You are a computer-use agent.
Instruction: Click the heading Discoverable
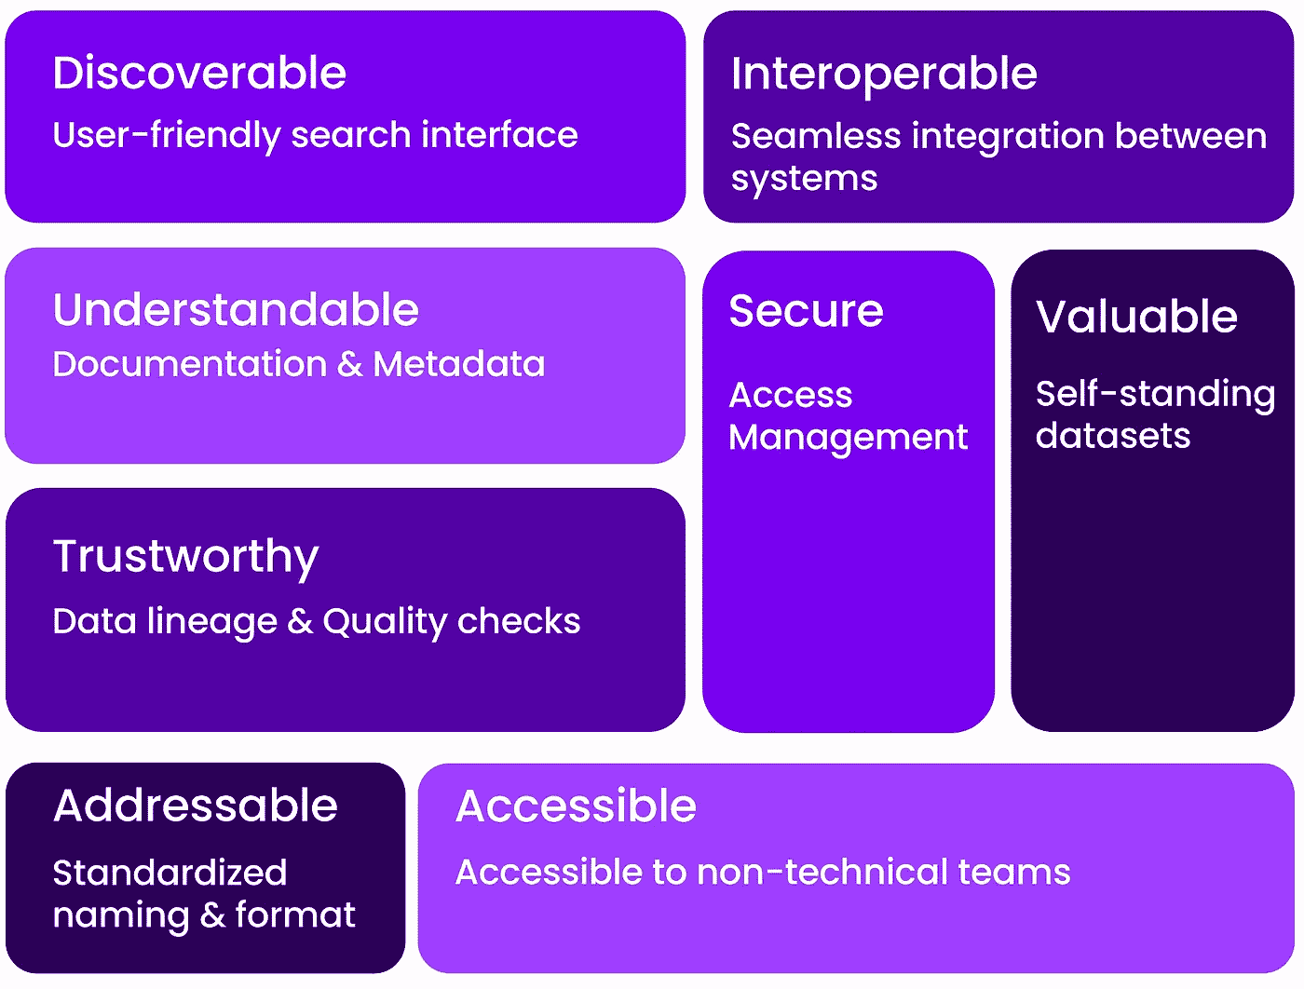199,73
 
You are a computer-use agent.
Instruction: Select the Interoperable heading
884,74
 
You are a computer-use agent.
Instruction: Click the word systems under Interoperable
804,179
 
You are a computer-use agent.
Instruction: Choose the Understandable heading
236,310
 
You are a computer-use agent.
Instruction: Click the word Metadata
459,364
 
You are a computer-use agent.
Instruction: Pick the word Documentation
190,364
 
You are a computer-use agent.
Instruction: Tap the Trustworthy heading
186,557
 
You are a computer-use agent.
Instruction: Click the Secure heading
806,311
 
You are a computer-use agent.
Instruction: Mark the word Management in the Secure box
848,438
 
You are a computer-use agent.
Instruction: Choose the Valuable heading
1136,317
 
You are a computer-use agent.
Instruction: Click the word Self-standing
1155,394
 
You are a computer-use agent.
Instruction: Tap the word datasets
1113,436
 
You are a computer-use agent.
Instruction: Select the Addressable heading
196,806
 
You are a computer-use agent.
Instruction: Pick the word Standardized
170,873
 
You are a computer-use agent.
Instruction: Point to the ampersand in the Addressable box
212,915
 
